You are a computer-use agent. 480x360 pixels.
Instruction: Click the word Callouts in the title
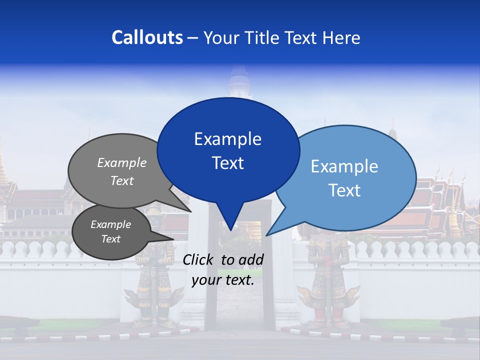(147, 37)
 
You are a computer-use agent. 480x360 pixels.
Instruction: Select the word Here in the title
(341, 37)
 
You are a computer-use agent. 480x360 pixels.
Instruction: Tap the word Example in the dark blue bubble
(227, 139)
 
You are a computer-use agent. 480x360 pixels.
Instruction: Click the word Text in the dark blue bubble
(227, 163)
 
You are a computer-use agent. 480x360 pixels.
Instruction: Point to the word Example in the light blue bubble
(344, 166)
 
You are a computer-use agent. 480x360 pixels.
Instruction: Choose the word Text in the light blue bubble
(345, 190)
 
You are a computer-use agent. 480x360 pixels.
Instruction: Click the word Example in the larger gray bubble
(121, 162)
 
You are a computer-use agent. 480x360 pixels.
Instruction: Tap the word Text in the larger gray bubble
(121, 180)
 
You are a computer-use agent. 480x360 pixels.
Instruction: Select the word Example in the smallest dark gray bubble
(110, 224)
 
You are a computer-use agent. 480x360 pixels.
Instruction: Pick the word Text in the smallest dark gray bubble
(110, 239)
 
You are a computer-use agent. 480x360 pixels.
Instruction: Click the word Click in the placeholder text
(199, 259)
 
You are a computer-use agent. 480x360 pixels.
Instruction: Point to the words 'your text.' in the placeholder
(223, 280)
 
